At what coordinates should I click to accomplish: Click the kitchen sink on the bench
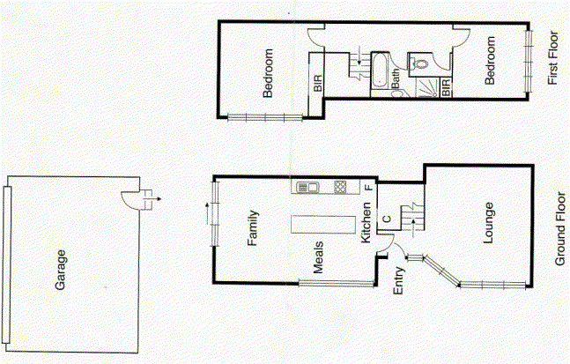[x=308, y=187]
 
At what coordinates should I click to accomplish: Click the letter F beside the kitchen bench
[x=369, y=188]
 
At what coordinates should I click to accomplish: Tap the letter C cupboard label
[x=386, y=219]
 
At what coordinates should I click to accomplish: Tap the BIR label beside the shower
[x=446, y=87]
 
